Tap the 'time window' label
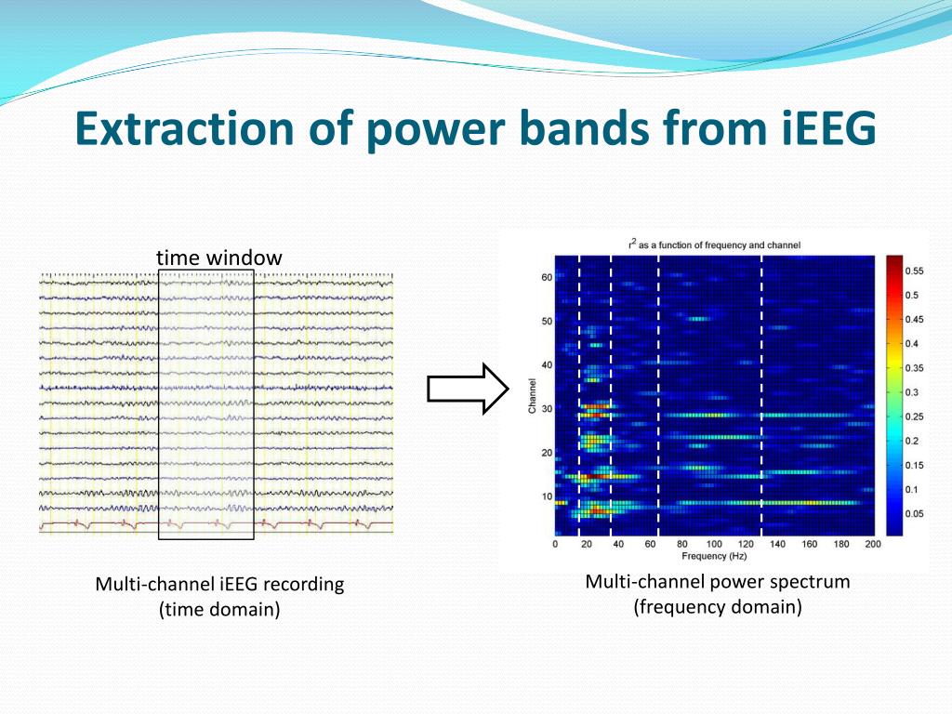click(x=219, y=258)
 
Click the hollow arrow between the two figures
click(x=469, y=389)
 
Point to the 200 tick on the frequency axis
click(x=873, y=544)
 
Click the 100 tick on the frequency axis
click(x=714, y=544)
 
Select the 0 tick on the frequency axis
click(x=555, y=544)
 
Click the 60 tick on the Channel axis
click(x=547, y=277)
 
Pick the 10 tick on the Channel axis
click(x=547, y=496)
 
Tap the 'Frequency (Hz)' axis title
click(x=713, y=556)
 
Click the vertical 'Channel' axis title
click(x=533, y=396)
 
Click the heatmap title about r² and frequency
click(x=714, y=245)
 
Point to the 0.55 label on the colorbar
click(x=914, y=271)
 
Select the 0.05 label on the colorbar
click(x=914, y=513)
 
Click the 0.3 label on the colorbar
click(x=911, y=392)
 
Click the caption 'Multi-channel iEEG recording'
click(x=219, y=584)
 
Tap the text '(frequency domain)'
click(x=718, y=606)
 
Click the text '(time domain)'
click(x=219, y=609)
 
